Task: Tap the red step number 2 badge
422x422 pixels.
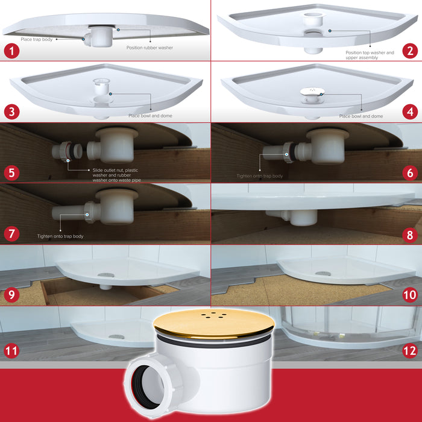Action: [x=410, y=50]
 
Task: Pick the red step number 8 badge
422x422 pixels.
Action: [x=410, y=233]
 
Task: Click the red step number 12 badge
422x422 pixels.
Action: [x=410, y=350]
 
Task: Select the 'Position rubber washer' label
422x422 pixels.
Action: [x=150, y=47]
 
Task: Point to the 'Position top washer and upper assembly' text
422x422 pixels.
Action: [x=370, y=55]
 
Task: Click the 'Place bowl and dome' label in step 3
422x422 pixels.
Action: [x=150, y=115]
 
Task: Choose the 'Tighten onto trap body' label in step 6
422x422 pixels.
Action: [x=259, y=176]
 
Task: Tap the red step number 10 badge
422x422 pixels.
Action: [x=410, y=295]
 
